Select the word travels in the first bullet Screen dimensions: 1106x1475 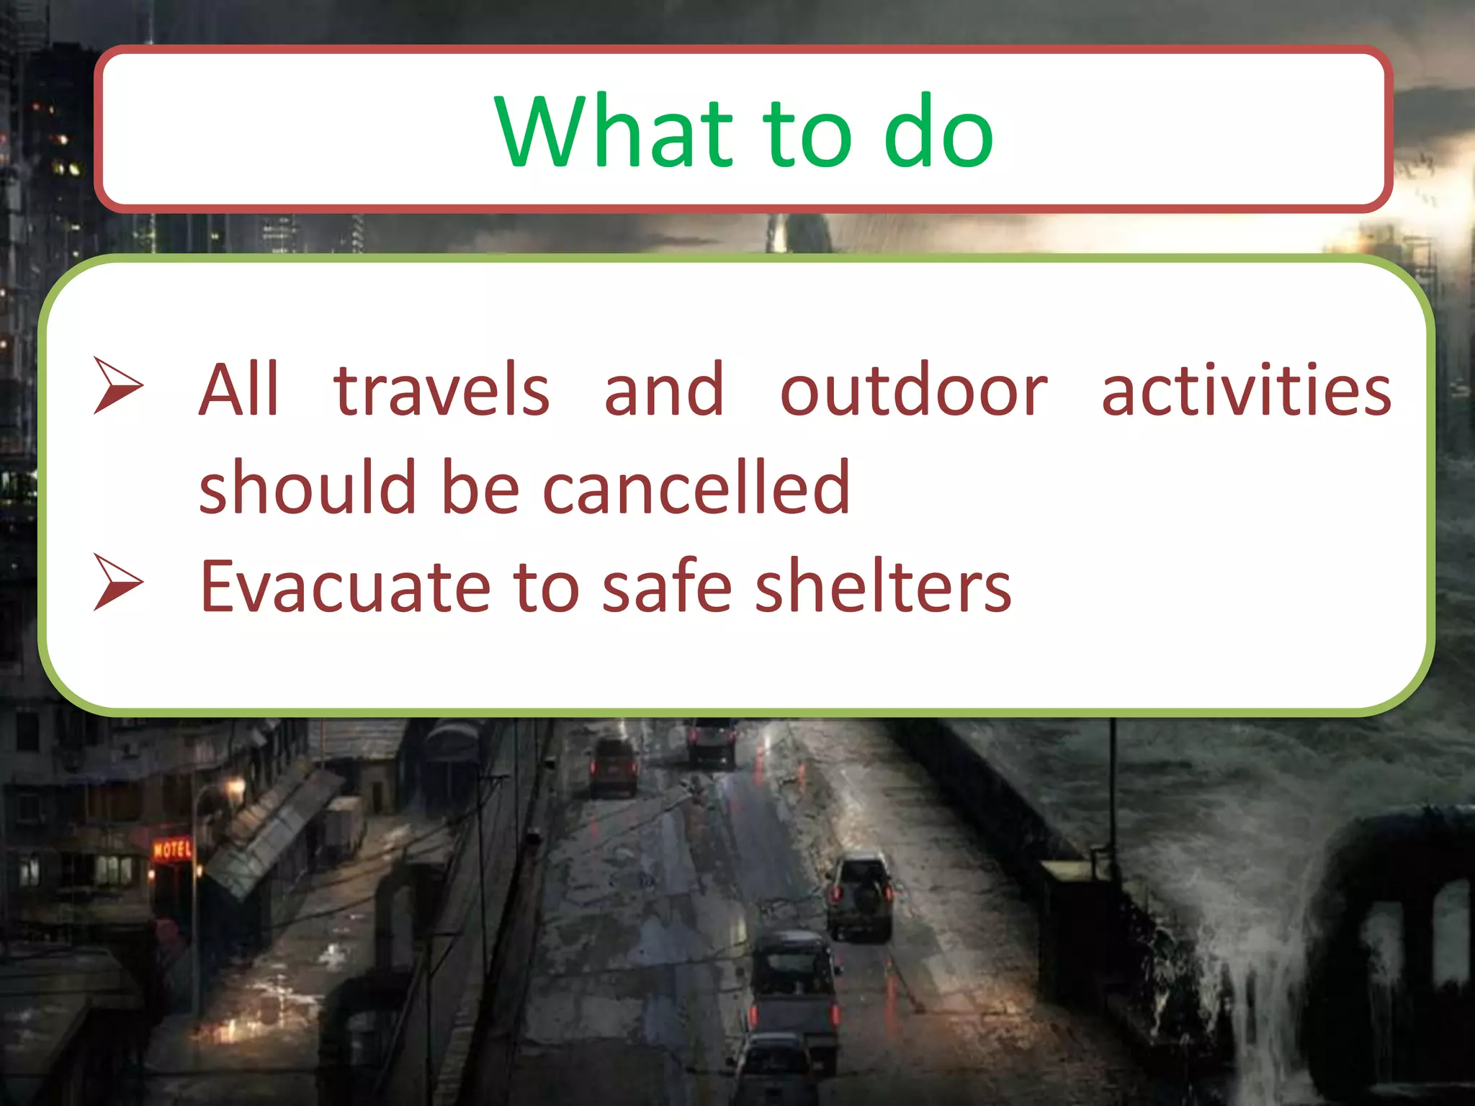coord(441,391)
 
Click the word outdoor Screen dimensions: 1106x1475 coord(913,391)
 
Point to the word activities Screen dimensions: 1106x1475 coord(1246,391)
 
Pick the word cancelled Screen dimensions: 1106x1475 coord(696,488)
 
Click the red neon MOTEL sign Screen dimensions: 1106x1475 coord(172,850)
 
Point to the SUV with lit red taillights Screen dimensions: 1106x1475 coord(861,896)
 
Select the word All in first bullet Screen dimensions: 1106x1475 coord(238,391)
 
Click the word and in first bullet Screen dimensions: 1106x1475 coord(663,391)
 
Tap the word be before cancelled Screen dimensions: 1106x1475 coord(480,488)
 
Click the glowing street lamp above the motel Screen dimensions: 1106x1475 coord(236,787)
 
